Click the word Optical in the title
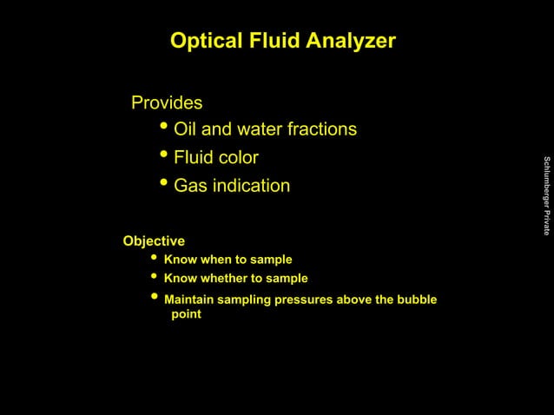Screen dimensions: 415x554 [202, 41]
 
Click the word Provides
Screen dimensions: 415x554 [167, 103]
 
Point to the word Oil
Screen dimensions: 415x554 [186, 130]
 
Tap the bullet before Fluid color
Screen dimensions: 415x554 [165, 157]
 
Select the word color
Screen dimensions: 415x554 [237, 158]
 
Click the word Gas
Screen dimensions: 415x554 [191, 186]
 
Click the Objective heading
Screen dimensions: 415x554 [154, 240]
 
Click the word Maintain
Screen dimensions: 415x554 [190, 300]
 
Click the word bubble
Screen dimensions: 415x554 [416, 300]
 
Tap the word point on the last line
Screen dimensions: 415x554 [186, 314]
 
